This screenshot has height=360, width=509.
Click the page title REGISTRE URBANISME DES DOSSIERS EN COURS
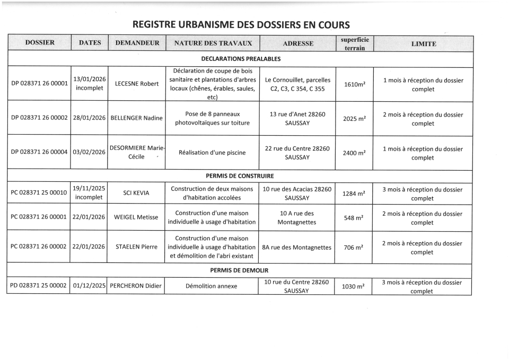coord(241,24)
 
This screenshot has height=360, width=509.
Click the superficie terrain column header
coord(355,43)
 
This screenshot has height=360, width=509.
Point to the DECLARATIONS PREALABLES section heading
coord(241,59)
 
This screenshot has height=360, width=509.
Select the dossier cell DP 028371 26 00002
coord(39,118)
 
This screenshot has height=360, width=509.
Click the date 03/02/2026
coord(90,152)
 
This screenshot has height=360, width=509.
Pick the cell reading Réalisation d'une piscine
coord(212,153)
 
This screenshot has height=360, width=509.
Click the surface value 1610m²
coord(355,84)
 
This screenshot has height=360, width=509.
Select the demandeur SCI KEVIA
coord(136,193)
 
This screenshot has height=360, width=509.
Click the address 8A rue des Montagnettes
coord(297,247)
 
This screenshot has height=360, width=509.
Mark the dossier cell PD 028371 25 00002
coord(39,286)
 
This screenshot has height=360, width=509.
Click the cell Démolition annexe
coord(212,286)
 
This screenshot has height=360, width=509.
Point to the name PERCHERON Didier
coord(136,286)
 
